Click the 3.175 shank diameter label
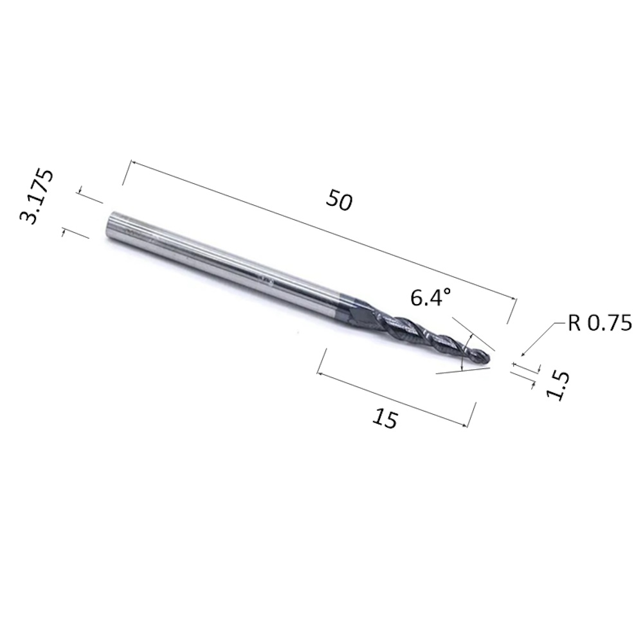[x=37, y=197]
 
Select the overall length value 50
[x=339, y=200]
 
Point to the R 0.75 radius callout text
[x=599, y=323]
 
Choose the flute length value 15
[x=385, y=419]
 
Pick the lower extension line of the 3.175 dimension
[x=76, y=233]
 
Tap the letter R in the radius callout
[x=574, y=323]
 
